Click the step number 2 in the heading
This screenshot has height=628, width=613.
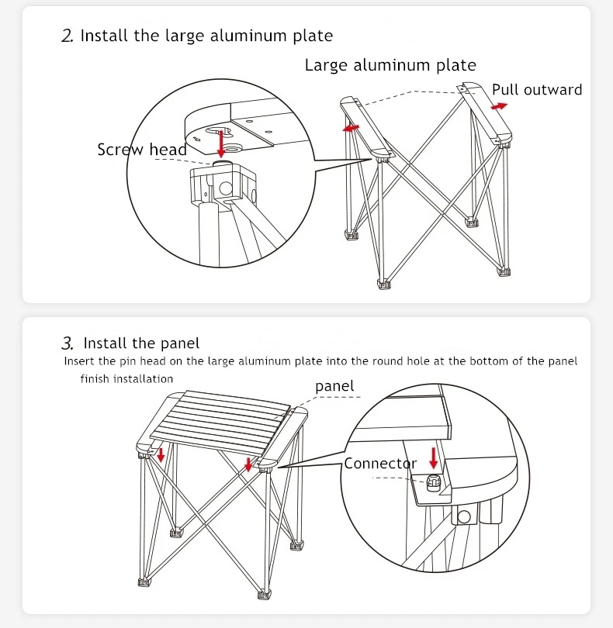[67, 36]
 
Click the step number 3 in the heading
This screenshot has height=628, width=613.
[68, 343]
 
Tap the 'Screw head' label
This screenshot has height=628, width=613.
[141, 150]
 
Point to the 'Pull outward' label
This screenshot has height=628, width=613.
[537, 90]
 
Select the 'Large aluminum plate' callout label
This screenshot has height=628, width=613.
[390, 65]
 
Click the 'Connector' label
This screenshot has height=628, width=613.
[380, 464]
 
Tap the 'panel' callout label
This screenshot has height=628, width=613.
[334, 386]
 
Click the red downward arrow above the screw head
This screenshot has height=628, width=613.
[222, 144]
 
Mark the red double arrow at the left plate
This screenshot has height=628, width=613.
[352, 126]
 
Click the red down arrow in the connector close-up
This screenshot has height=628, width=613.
[435, 457]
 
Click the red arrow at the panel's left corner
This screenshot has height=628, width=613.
[161, 454]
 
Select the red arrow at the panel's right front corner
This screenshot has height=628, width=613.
[248, 464]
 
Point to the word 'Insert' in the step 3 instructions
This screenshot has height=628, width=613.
[78, 361]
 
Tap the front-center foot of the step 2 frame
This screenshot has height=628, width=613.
[383, 283]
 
